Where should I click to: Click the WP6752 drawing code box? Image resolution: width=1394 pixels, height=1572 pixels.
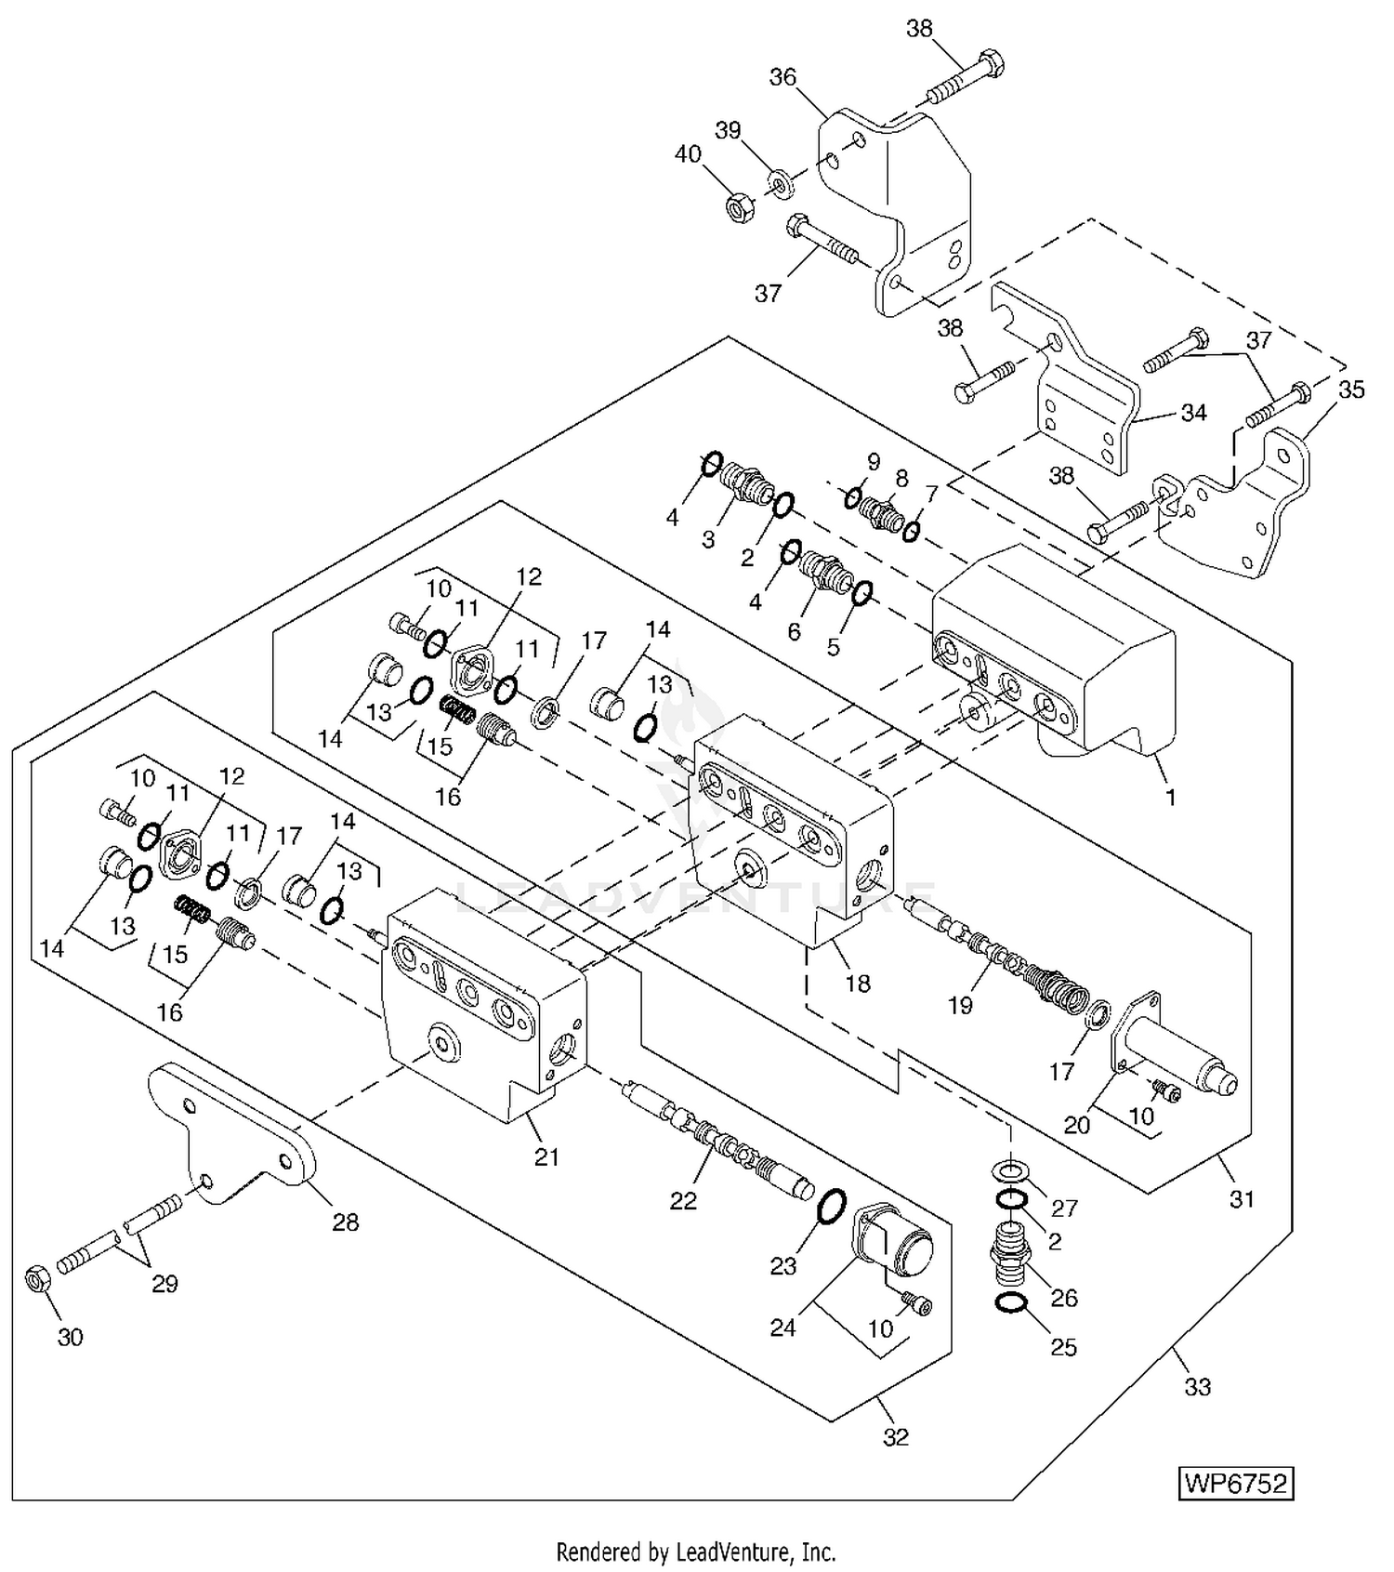pyautogui.click(x=1236, y=1482)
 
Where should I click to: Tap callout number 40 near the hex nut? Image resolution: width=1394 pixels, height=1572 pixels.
pyautogui.click(x=688, y=154)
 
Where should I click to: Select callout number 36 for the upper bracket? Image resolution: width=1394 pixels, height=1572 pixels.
pyautogui.click(x=782, y=76)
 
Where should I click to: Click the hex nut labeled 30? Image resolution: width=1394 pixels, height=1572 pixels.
pyautogui.click(x=35, y=1282)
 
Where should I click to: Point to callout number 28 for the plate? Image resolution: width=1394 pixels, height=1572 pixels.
pyautogui.click(x=346, y=1222)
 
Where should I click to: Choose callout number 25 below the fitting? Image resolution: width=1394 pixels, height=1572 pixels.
pyautogui.click(x=1063, y=1347)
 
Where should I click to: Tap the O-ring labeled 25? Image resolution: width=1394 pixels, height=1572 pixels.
pyautogui.click(x=1009, y=1305)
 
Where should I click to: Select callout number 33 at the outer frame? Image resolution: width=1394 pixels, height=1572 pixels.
pyautogui.click(x=1198, y=1387)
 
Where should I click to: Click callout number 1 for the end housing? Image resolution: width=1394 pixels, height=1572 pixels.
pyautogui.click(x=1171, y=797)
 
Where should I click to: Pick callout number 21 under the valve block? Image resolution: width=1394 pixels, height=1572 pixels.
pyautogui.click(x=546, y=1156)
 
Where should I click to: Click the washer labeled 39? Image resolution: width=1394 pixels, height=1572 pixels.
pyautogui.click(x=781, y=179)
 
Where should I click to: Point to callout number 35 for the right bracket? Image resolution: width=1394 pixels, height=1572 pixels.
pyautogui.click(x=1351, y=390)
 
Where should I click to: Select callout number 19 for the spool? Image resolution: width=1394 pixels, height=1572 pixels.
pyautogui.click(x=960, y=1005)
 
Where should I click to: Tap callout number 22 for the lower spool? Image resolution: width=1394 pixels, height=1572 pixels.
pyautogui.click(x=683, y=1201)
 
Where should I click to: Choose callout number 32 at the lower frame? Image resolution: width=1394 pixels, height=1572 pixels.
pyautogui.click(x=895, y=1437)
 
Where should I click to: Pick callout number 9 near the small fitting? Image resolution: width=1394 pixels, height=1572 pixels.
pyautogui.click(x=873, y=462)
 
